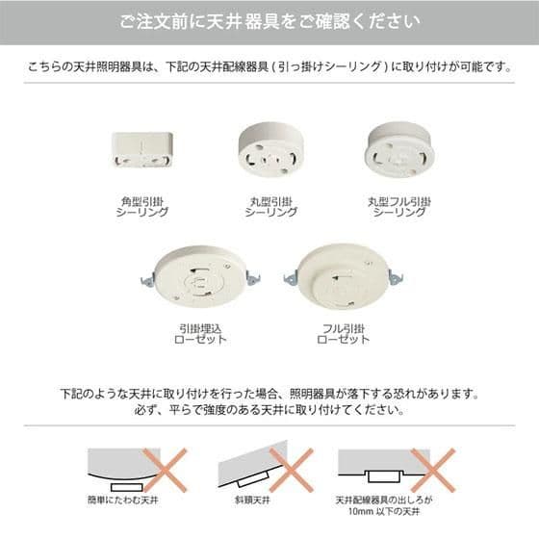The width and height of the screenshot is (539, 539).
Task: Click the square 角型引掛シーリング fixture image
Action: click(141, 148)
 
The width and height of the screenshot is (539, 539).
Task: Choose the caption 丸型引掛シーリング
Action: click(269, 207)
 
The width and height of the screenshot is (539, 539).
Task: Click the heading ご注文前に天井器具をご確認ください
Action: click(269, 21)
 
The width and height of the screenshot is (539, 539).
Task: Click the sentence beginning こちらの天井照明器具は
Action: click(269, 69)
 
